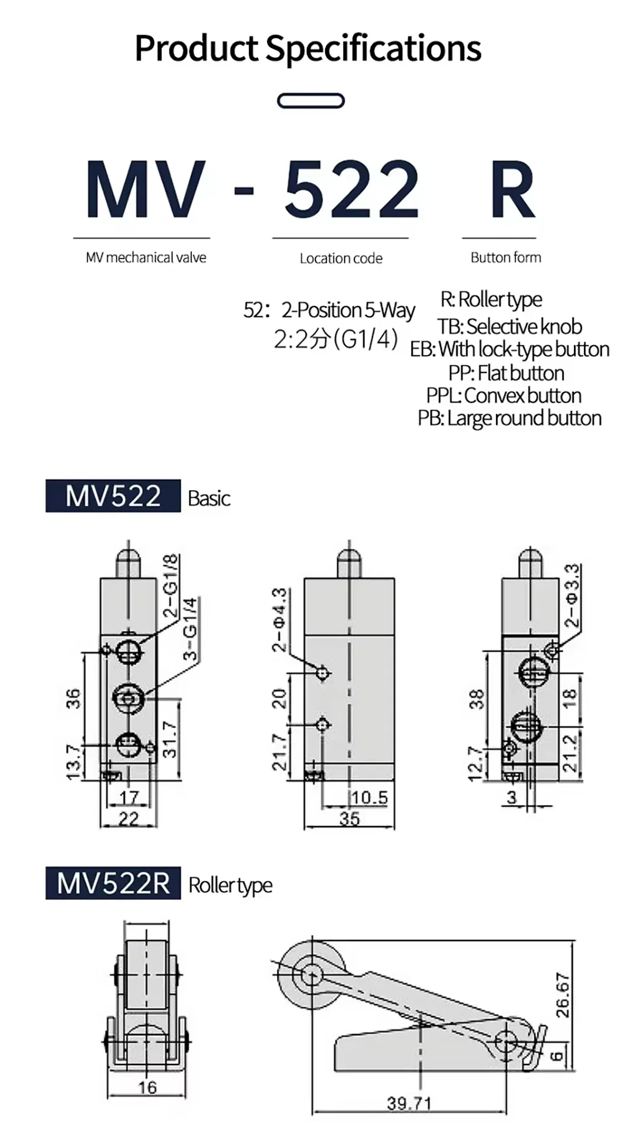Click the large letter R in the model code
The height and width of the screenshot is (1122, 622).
[x=512, y=189]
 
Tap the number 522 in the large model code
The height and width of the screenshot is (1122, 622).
[x=351, y=189]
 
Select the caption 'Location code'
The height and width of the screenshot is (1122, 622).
[x=341, y=258]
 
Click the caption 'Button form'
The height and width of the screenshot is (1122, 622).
[x=506, y=257]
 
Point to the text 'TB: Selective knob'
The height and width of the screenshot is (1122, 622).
[x=509, y=326]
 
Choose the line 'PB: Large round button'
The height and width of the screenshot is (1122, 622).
[x=509, y=418]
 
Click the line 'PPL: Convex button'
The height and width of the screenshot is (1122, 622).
[x=503, y=396]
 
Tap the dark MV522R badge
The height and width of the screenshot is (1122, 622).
[x=113, y=883]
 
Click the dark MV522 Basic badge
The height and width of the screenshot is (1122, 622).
[x=113, y=496]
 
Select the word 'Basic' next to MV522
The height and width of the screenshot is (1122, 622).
[x=209, y=498]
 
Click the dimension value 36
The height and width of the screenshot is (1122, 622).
[x=73, y=699]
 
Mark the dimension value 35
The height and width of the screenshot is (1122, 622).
[x=349, y=818]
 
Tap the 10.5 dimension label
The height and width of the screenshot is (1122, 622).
[x=370, y=797]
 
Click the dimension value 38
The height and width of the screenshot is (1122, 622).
[x=476, y=699]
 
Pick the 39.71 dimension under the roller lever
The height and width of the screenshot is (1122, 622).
[x=409, y=1103]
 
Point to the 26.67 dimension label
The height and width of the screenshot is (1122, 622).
[x=562, y=995]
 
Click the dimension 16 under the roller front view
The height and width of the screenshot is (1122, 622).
[x=147, y=1087]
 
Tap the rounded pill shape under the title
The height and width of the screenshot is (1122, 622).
[x=310, y=101]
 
